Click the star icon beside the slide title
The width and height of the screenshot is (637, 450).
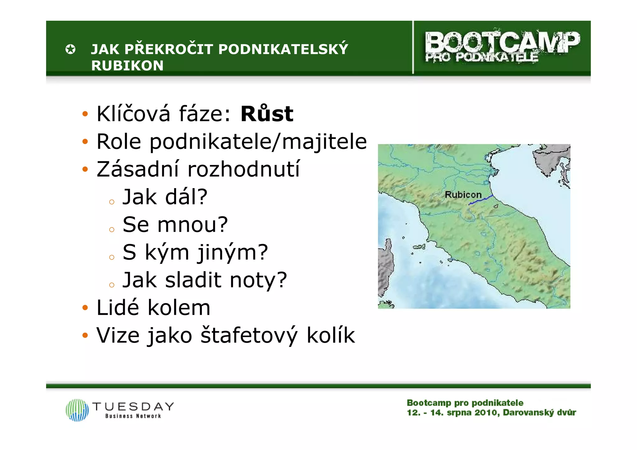pyautogui.click(x=71, y=49)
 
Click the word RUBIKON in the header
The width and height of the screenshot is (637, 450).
pyautogui.click(x=127, y=66)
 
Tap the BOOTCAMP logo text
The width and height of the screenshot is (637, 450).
pyautogui.click(x=502, y=43)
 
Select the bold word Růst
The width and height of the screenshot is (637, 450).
pyautogui.click(x=267, y=114)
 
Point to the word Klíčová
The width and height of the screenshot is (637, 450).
pyautogui.click(x=133, y=114)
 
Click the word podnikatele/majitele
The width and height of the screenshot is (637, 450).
pyautogui.click(x=258, y=142)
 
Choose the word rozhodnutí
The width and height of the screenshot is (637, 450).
pyautogui.click(x=244, y=169)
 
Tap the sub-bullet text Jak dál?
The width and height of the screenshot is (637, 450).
pyautogui.click(x=165, y=197)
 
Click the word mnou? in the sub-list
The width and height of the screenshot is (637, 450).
pyautogui.click(x=193, y=225)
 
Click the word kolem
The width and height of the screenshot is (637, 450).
pyautogui.click(x=179, y=308)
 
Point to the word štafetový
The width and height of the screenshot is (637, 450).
pyautogui.click(x=249, y=335)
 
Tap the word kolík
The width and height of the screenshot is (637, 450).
pyautogui.click(x=331, y=335)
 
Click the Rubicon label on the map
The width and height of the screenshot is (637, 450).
pyautogui.click(x=463, y=195)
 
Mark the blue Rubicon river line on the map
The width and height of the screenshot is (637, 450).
pyautogui.click(x=481, y=200)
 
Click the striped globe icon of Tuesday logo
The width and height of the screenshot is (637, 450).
pyautogui.click(x=77, y=410)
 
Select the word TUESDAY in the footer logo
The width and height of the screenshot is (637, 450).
pyautogui.click(x=133, y=406)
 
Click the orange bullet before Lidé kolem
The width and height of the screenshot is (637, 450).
pyautogui.click(x=85, y=308)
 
